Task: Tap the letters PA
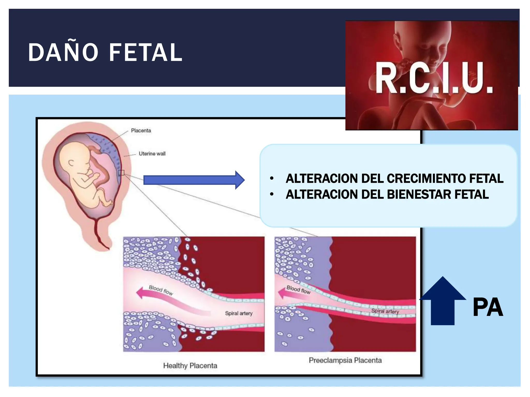tap(488, 307)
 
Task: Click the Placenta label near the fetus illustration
tap(141, 131)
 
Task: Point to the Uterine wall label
tap(152, 154)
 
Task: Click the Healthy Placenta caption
tap(190, 365)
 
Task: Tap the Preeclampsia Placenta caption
tap(345, 360)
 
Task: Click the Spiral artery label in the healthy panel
tap(239, 313)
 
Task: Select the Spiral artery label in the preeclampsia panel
tap(385, 311)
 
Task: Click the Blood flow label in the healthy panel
tap(161, 290)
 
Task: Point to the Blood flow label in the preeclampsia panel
tap(298, 290)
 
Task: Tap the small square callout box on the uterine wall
tap(121, 173)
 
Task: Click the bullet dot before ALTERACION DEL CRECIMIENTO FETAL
tap(271, 179)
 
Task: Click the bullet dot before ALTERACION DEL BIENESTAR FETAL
tap(271, 195)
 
